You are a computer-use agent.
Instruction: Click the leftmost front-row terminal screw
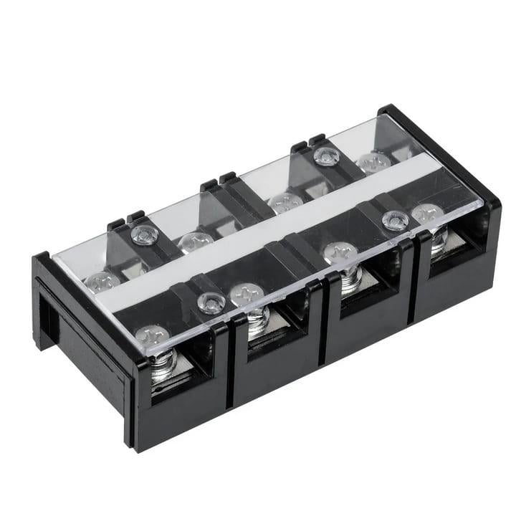(x=152, y=335)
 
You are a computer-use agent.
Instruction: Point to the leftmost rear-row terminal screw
(x=102, y=281)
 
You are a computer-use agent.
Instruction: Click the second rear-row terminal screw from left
(x=194, y=241)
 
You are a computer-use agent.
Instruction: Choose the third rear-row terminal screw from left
(x=285, y=203)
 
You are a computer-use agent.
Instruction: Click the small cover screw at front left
(x=211, y=303)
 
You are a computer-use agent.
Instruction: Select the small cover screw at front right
(x=395, y=221)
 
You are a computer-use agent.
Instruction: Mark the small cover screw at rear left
(x=145, y=233)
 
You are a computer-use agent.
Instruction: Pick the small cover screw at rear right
(x=326, y=156)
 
